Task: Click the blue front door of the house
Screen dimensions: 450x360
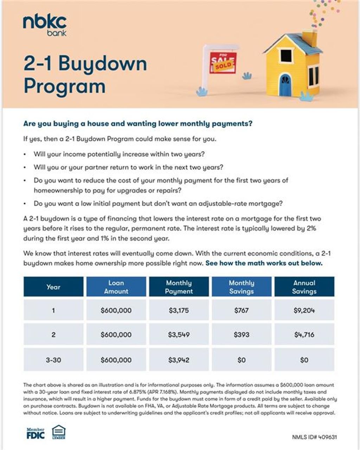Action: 285,85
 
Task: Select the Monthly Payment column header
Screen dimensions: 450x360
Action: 179,287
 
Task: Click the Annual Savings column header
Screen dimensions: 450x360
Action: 304,287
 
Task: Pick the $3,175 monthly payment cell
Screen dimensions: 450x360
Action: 179,311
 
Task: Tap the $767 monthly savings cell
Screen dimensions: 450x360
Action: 241,311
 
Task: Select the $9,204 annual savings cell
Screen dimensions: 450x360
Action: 304,311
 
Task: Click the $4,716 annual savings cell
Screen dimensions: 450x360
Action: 304,335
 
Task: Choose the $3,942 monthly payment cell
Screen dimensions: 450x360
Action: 179,360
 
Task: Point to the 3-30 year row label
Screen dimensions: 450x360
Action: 53,360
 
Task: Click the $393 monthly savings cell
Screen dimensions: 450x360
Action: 241,335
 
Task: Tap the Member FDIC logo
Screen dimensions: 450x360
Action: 36,433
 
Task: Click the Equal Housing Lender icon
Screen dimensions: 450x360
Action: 59,432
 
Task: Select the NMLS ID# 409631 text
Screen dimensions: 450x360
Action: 314,437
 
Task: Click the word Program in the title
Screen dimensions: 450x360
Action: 65,86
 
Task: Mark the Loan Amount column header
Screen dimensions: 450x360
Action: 116,287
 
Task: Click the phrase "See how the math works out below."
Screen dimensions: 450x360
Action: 264,263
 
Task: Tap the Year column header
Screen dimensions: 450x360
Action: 53,287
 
